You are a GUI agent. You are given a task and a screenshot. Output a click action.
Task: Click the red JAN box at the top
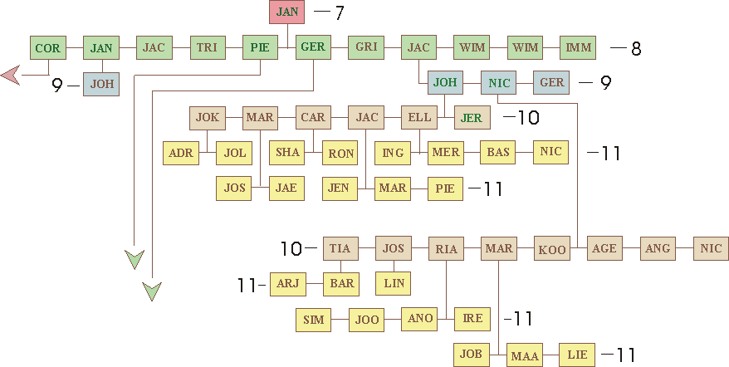click(x=286, y=12)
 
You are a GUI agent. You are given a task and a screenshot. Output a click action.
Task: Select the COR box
click(x=47, y=48)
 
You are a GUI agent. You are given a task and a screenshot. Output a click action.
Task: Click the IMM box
click(x=578, y=47)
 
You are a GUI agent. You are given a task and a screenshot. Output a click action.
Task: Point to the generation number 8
click(x=636, y=49)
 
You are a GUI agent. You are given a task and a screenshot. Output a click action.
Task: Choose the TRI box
click(x=207, y=47)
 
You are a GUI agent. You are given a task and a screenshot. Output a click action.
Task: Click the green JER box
click(x=471, y=118)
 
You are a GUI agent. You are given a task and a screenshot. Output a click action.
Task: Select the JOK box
click(x=208, y=118)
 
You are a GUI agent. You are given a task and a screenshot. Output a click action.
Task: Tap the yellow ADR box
click(x=180, y=153)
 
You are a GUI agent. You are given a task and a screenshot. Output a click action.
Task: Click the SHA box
click(x=287, y=153)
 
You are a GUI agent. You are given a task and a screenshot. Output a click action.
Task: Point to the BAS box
click(x=498, y=153)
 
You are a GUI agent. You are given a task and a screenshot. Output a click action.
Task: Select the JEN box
click(x=339, y=188)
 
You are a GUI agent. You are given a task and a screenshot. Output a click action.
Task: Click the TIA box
click(x=340, y=248)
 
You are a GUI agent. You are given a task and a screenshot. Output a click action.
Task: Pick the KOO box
click(x=552, y=249)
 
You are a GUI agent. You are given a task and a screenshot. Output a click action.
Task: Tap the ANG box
click(x=658, y=248)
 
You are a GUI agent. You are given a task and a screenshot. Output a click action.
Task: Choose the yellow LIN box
click(x=393, y=283)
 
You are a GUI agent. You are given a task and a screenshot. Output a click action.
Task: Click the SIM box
click(x=313, y=319)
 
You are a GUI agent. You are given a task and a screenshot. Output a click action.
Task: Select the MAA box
click(x=525, y=356)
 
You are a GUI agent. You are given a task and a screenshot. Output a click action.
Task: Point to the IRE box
click(x=472, y=319)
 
